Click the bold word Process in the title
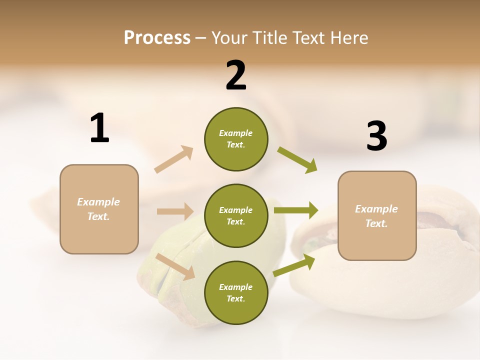point(157,37)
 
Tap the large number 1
point(99,128)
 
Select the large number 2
point(236,75)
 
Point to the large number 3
point(376,136)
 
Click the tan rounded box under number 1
point(99,209)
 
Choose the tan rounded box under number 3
point(377,215)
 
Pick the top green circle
point(236,139)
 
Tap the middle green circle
point(236,215)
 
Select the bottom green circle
point(236,292)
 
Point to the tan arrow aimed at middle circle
point(175,211)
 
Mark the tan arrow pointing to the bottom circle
point(175,266)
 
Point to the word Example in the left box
point(98,202)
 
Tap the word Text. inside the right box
point(376,223)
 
